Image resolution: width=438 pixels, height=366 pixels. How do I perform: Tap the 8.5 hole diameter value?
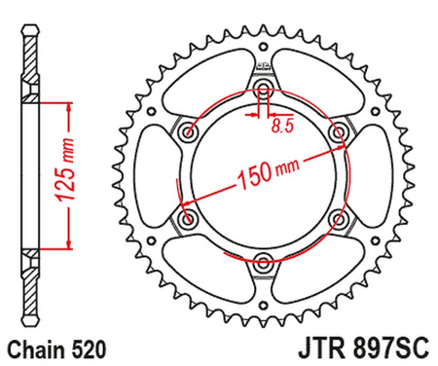(x=282, y=126)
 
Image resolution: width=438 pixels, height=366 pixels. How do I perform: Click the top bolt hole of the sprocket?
(x=263, y=91)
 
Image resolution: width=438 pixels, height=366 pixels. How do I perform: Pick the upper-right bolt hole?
(x=338, y=132)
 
